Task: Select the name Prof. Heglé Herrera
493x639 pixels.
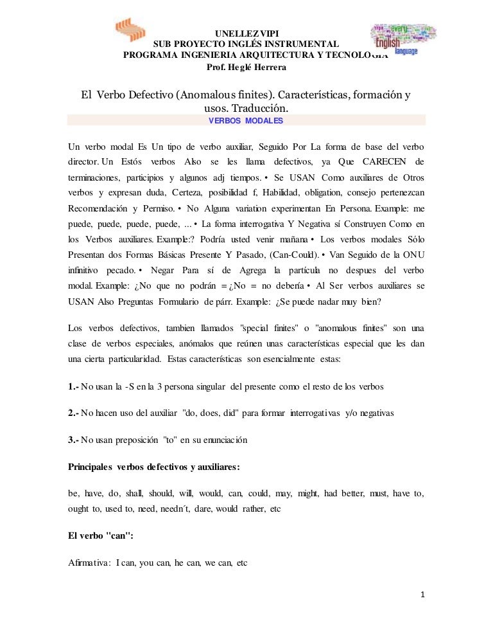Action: [246, 68]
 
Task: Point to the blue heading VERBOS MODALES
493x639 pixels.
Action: [246, 121]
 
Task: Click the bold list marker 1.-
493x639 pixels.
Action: [74, 386]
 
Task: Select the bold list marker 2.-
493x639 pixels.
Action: [74, 413]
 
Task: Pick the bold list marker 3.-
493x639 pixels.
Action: [74, 440]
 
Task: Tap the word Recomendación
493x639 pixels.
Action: [98, 210]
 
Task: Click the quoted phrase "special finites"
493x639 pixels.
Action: [273, 329]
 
